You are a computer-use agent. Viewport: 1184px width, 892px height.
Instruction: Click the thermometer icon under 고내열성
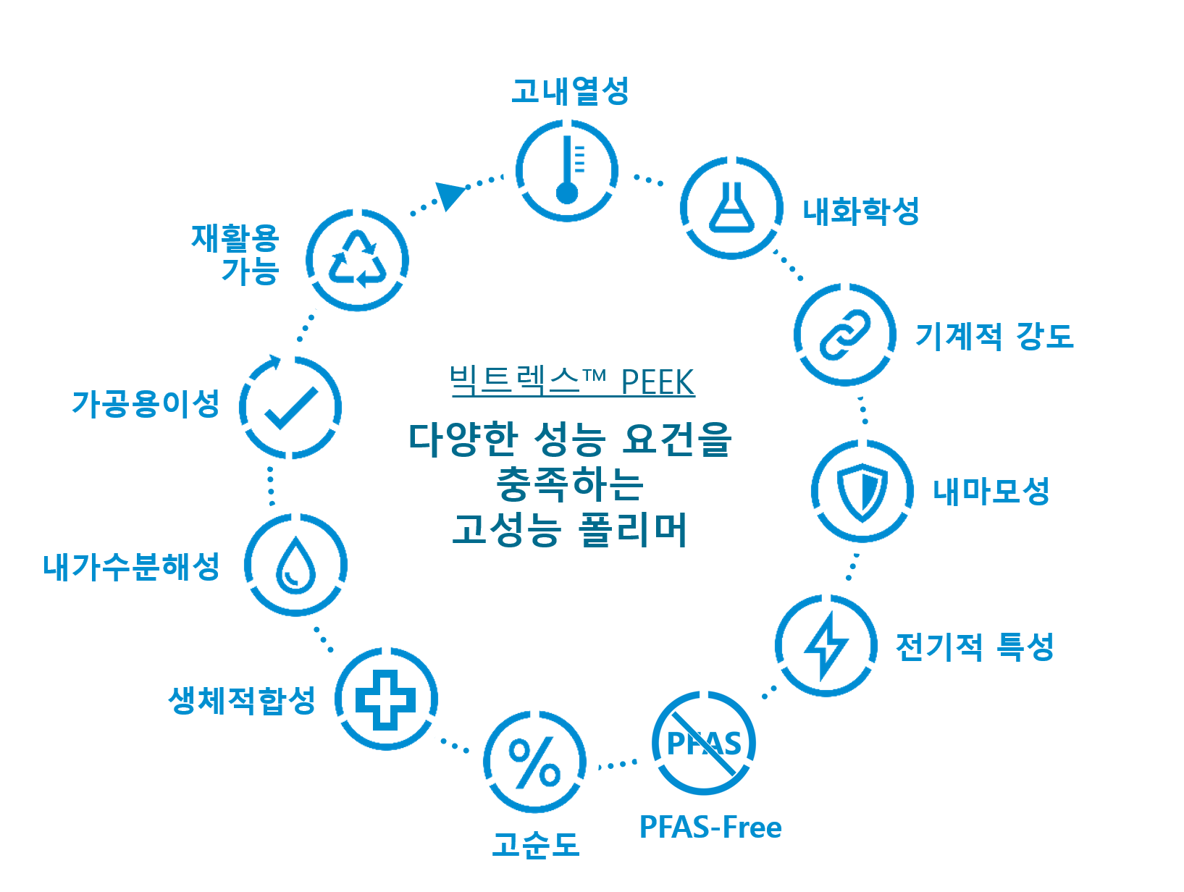pyautogui.click(x=567, y=171)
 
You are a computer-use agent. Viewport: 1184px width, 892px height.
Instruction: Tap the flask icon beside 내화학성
pyautogui.click(x=731, y=208)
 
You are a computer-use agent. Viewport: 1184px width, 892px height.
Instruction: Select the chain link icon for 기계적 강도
pyautogui.click(x=844, y=334)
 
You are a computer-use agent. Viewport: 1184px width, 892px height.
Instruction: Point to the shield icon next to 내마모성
pyautogui.click(x=862, y=492)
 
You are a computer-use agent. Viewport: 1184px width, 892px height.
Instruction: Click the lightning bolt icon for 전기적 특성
pyautogui.click(x=826, y=645)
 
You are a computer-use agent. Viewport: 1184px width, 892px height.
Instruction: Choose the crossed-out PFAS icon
pyautogui.click(x=704, y=743)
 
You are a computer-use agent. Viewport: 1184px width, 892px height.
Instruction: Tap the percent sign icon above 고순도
pyautogui.click(x=534, y=762)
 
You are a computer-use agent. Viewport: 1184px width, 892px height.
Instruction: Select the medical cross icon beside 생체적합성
pyautogui.click(x=386, y=699)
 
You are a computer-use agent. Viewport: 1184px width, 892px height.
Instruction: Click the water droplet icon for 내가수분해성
pyautogui.click(x=295, y=565)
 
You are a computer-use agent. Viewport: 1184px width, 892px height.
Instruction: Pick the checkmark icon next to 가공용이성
pyautogui.click(x=290, y=408)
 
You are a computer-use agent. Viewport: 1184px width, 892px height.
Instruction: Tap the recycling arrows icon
pyautogui.click(x=357, y=260)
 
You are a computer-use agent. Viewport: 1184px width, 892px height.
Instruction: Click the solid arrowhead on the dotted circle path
pyautogui.click(x=450, y=195)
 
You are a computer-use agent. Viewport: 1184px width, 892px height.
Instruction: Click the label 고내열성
pyautogui.click(x=570, y=91)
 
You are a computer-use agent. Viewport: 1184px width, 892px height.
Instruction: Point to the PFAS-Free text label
pyautogui.click(x=710, y=827)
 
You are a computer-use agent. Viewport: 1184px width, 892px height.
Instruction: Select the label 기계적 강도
pyautogui.click(x=994, y=336)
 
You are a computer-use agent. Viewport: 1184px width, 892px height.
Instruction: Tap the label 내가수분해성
pyautogui.click(x=131, y=566)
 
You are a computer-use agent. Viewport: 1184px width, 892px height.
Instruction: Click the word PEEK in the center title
pyautogui.click(x=658, y=382)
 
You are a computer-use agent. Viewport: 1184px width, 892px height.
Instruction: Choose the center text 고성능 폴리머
pyautogui.click(x=569, y=529)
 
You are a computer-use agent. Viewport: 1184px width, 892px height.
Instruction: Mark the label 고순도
pyautogui.click(x=536, y=845)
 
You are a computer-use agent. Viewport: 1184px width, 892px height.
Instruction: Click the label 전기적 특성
pyautogui.click(x=975, y=647)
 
